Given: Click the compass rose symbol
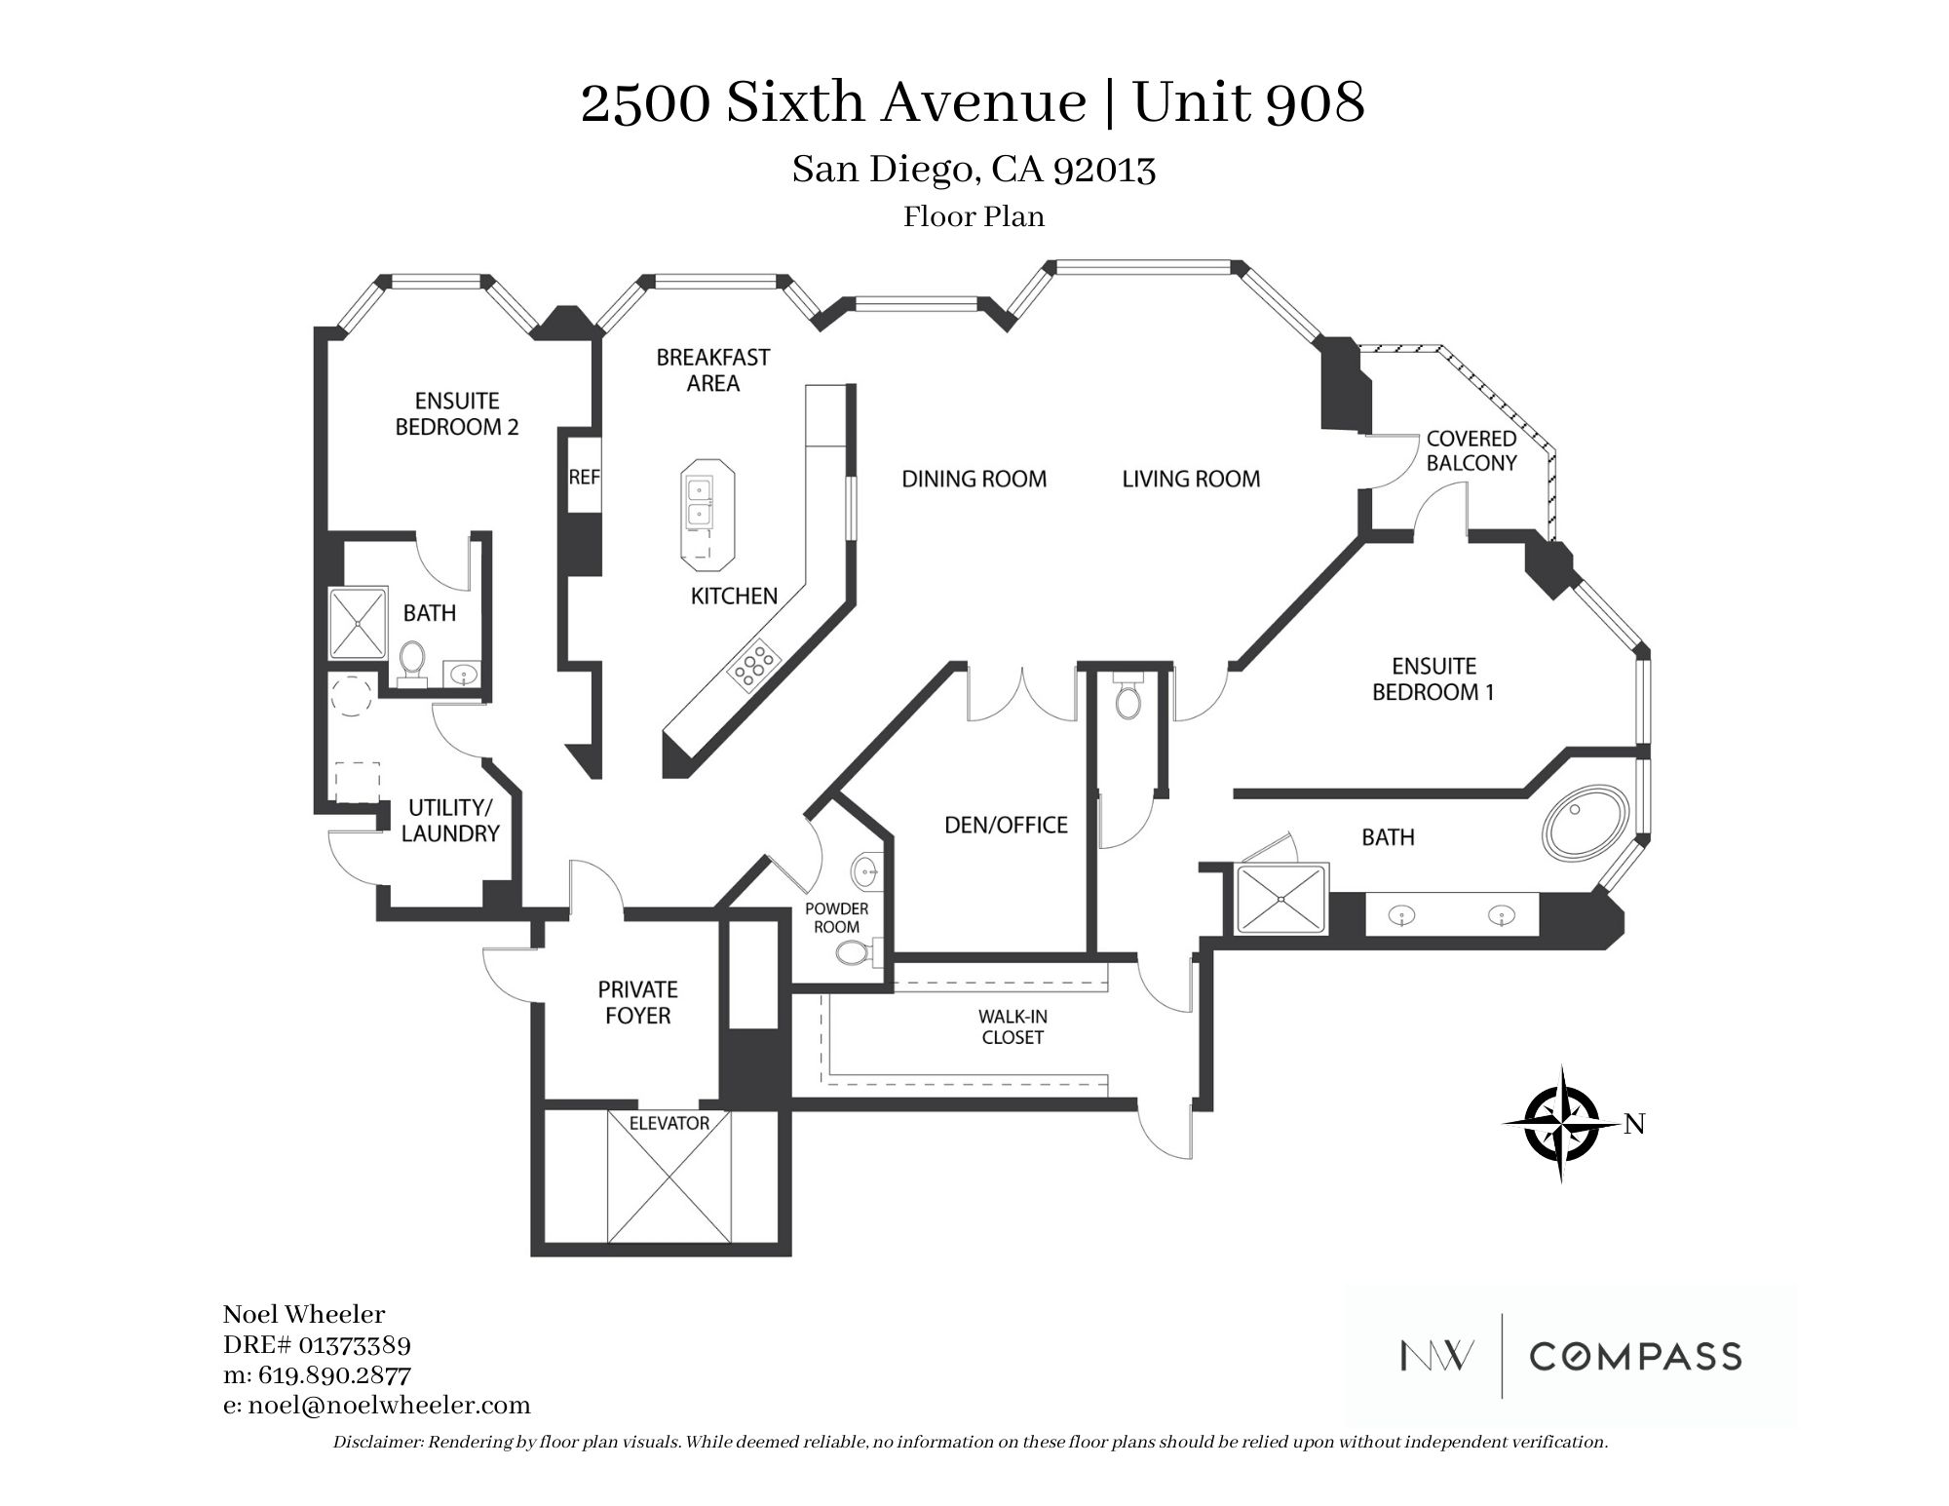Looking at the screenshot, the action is pyautogui.click(x=1561, y=1124).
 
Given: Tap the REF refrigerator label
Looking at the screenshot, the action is pyautogui.click(x=584, y=478).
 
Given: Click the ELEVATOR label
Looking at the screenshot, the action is pyautogui.click(x=669, y=1123).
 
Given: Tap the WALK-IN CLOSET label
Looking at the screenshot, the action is pyautogui.click(x=1013, y=1027).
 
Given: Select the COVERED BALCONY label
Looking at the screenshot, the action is pyautogui.click(x=1471, y=450).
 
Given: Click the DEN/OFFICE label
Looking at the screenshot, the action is pyautogui.click(x=1006, y=825).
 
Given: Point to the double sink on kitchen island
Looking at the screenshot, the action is pyautogui.click(x=699, y=501).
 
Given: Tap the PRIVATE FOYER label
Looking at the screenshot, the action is pyautogui.click(x=638, y=1003).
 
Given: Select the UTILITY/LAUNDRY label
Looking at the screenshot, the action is pyautogui.click(x=450, y=821).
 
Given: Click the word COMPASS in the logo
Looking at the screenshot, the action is pyautogui.click(x=1635, y=1356).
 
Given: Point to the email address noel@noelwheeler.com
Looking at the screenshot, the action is pyautogui.click(x=377, y=1406).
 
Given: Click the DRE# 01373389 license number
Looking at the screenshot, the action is pyautogui.click(x=317, y=1345).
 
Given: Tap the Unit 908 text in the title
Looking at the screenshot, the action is pyautogui.click(x=1248, y=104).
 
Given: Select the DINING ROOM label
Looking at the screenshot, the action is pyautogui.click(x=974, y=479).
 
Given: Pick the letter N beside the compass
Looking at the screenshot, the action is pyautogui.click(x=1634, y=1125).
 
